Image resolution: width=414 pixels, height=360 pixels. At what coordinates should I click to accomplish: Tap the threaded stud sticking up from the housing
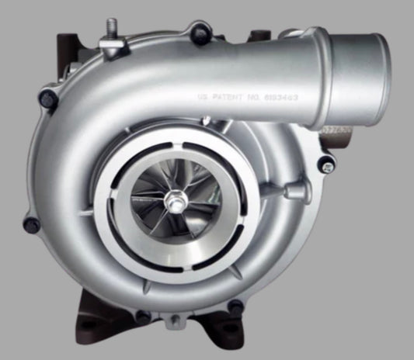(x=112, y=31)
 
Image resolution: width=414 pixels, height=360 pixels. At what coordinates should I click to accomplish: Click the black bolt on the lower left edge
(x=31, y=225)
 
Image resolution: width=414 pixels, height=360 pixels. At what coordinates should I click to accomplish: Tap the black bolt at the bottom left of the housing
(x=143, y=317)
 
